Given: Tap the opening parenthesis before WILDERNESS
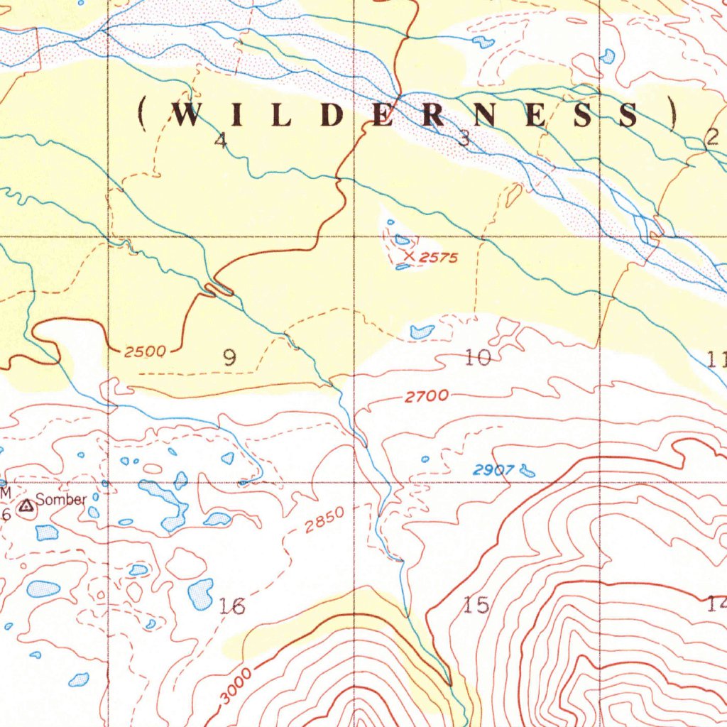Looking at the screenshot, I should tap(143, 114).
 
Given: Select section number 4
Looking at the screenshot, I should tap(221, 141).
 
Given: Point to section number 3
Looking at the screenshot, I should tap(464, 140).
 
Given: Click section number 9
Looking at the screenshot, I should tap(229, 358).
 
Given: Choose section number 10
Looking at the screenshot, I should tap(478, 358).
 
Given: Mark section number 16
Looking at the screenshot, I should tap(232, 606).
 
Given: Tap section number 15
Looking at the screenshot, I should tap(476, 606).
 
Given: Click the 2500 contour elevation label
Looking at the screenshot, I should tap(144, 351).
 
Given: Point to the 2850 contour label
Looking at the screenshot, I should tap(324, 520).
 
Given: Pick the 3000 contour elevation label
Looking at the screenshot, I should tap(236, 686).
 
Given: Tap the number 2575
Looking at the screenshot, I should tap(438, 258).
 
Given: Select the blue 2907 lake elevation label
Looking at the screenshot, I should tap(493, 469).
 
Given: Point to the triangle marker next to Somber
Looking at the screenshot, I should tap(26, 506).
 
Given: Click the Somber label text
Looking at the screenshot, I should tap(61, 500).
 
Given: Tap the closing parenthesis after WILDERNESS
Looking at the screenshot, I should tap(672, 114).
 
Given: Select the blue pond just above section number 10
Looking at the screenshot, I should tap(422, 331).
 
